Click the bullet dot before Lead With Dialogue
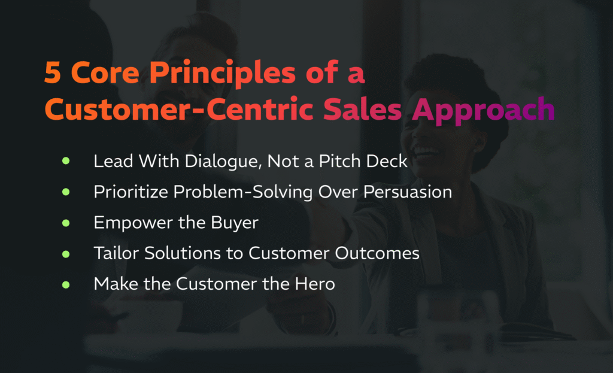66,161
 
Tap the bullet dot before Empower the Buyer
66,223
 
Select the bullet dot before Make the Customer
66,284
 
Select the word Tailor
113,253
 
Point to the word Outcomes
375,253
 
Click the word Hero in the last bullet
315,284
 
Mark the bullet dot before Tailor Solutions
66,253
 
